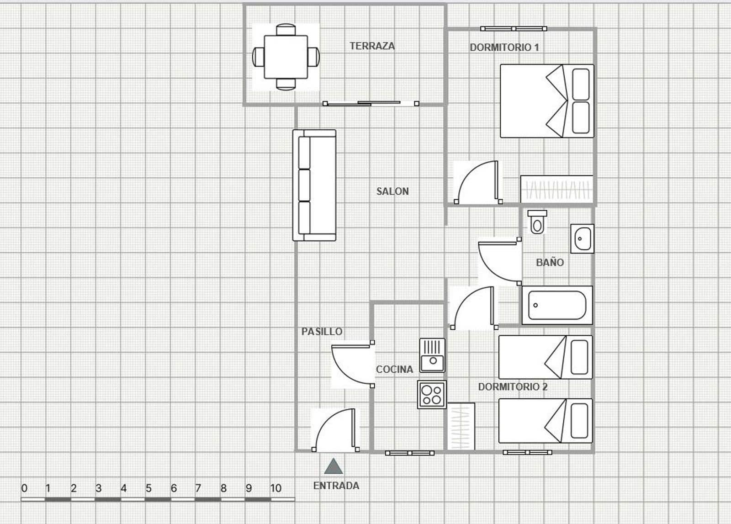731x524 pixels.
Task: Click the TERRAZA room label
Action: click(372, 46)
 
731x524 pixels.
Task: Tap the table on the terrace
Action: click(286, 57)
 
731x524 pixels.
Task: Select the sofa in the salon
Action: click(314, 185)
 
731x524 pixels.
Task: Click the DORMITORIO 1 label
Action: click(504, 47)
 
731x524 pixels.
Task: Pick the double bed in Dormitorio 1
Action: click(547, 101)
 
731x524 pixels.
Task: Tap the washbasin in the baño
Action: click(582, 238)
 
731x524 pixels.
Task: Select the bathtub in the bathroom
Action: click(557, 305)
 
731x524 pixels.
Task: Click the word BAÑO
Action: click(550, 262)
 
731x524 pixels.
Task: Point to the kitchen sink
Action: click(432, 355)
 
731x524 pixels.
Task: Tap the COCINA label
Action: click(394, 369)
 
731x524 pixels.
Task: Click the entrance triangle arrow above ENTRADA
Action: click(334, 466)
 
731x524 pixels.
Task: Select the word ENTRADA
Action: click(336, 486)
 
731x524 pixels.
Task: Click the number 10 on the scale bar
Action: click(275, 488)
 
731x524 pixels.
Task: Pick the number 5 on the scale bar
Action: click(148, 488)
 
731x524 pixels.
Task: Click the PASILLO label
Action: click(322, 331)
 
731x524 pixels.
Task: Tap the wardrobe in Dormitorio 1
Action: click(557, 189)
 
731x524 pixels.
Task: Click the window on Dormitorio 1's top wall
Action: click(514, 29)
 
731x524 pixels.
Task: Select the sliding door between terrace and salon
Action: click(371, 103)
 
